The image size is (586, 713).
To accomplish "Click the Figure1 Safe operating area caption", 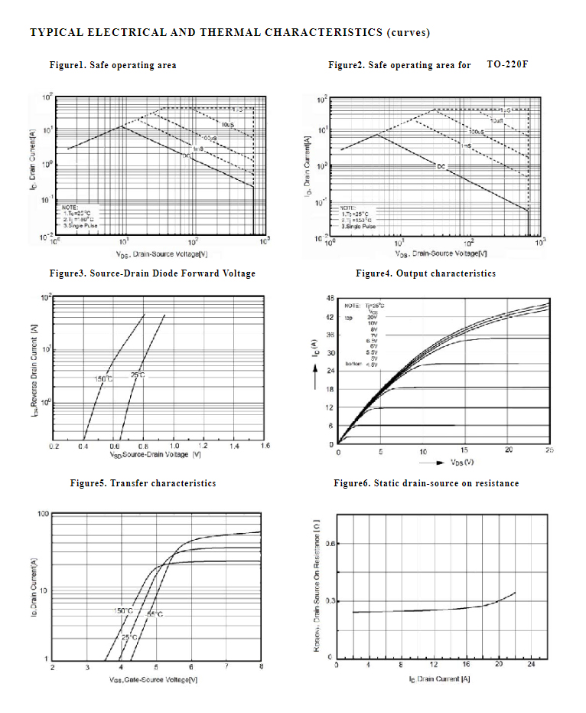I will [x=112, y=65].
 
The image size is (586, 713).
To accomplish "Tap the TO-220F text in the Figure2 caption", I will [x=507, y=64].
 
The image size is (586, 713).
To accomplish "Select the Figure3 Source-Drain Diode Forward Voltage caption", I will [x=152, y=273].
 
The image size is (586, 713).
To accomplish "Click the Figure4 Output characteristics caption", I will [x=425, y=273].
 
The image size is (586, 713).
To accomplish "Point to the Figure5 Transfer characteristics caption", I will [x=142, y=483].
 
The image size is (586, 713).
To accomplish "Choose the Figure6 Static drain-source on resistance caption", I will [x=426, y=483].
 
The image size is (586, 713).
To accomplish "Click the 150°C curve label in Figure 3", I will [x=103, y=379].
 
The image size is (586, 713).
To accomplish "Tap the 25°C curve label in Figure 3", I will [x=138, y=374].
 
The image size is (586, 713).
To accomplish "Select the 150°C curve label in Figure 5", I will [x=123, y=610].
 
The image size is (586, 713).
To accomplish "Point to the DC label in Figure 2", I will [x=441, y=165].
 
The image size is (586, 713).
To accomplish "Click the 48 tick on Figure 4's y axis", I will [x=330, y=298].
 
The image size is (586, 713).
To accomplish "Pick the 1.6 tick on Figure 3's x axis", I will [x=265, y=445].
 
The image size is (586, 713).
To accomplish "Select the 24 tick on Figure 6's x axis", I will [x=532, y=665].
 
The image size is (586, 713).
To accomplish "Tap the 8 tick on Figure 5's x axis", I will [x=261, y=668].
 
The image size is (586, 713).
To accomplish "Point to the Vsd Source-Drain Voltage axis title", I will [x=155, y=455].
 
